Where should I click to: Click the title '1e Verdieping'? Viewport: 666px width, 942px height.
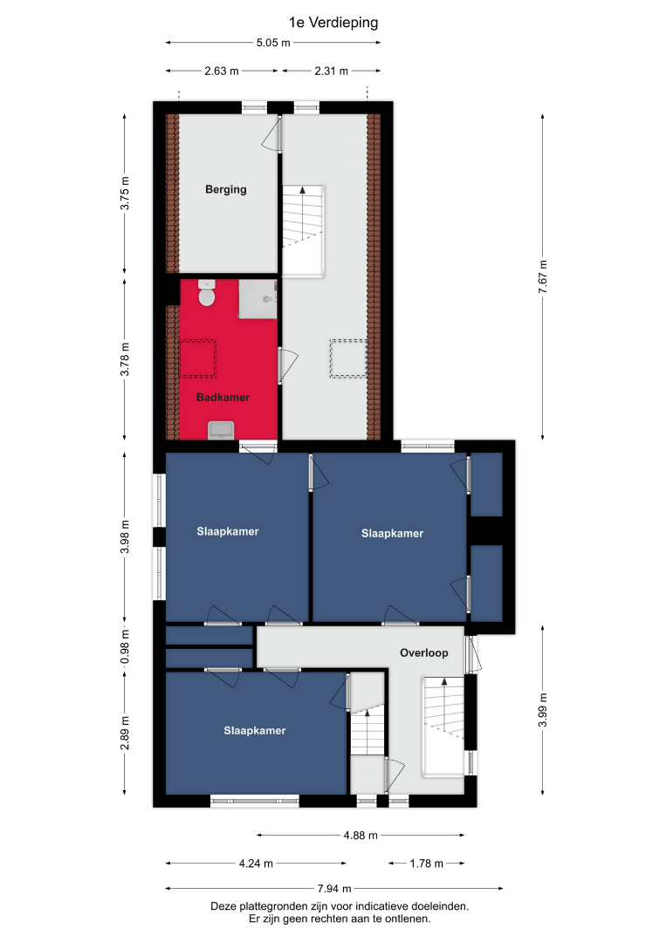[x=333, y=23]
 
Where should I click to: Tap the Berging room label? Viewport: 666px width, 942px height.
[x=226, y=189]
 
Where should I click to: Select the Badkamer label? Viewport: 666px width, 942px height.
[x=223, y=397]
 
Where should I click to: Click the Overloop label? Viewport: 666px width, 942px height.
[x=423, y=653]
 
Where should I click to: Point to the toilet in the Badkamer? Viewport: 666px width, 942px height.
[x=207, y=293]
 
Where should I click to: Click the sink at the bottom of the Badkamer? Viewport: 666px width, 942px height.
[x=221, y=430]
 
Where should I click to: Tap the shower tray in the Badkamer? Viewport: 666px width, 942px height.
[x=257, y=299]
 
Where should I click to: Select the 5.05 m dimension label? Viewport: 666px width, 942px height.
[x=273, y=43]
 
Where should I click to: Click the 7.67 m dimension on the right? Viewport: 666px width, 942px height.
[x=543, y=276]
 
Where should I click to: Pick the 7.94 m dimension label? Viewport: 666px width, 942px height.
[x=335, y=889]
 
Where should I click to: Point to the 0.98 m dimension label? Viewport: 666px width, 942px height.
[x=125, y=646]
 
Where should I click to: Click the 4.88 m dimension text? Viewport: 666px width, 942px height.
[x=360, y=835]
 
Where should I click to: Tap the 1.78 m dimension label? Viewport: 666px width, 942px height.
[x=427, y=863]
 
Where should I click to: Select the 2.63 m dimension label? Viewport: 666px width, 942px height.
[x=222, y=71]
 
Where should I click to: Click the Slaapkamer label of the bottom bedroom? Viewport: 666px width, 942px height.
[x=255, y=731]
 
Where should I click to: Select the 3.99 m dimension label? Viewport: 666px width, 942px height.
[x=543, y=710]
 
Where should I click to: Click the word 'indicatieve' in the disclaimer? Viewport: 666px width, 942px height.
[x=380, y=906]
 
